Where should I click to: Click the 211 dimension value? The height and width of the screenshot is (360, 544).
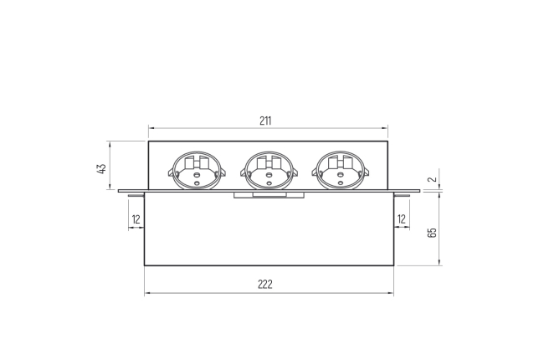tap(265, 121)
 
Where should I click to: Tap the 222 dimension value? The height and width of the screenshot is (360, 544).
tap(265, 285)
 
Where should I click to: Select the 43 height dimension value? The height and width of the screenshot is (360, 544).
tap(101, 169)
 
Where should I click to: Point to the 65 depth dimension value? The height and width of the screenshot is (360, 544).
tap(433, 233)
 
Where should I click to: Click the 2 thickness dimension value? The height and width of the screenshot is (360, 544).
tap(433, 179)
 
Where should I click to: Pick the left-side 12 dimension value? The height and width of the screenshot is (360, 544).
tap(136, 219)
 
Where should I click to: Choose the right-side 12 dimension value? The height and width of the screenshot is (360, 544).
tap(402, 219)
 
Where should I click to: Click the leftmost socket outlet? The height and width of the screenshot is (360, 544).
tap(197, 171)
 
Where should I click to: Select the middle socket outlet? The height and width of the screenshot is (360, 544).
tap(269, 171)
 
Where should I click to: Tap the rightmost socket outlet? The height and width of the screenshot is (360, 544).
tap(341, 171)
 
